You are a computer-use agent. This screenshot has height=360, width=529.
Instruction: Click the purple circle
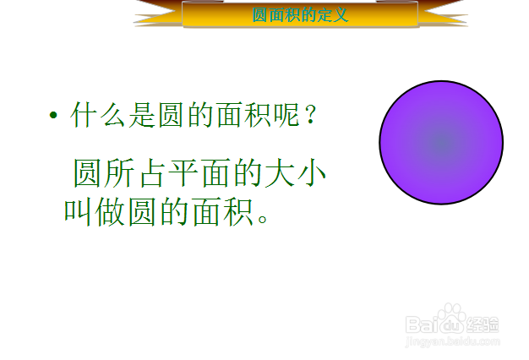(441, 142)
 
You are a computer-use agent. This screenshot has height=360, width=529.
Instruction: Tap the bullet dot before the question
(53, 116)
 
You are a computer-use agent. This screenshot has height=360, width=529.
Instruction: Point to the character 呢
(286, 115)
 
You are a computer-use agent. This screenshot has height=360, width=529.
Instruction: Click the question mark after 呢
(310, 115)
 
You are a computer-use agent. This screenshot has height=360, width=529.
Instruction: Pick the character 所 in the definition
(119, 172)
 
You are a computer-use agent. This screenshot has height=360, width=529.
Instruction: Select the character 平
(183, 172)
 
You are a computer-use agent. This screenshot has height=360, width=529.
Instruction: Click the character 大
(280, 172)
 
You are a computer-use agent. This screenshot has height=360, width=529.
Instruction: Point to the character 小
(312, 172)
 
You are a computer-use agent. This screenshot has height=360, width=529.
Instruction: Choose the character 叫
(78, 213)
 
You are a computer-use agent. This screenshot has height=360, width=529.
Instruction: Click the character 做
(110, 213)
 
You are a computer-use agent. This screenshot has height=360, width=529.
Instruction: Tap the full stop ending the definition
(263, 218)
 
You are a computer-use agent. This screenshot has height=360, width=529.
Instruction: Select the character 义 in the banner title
(340, 15)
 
